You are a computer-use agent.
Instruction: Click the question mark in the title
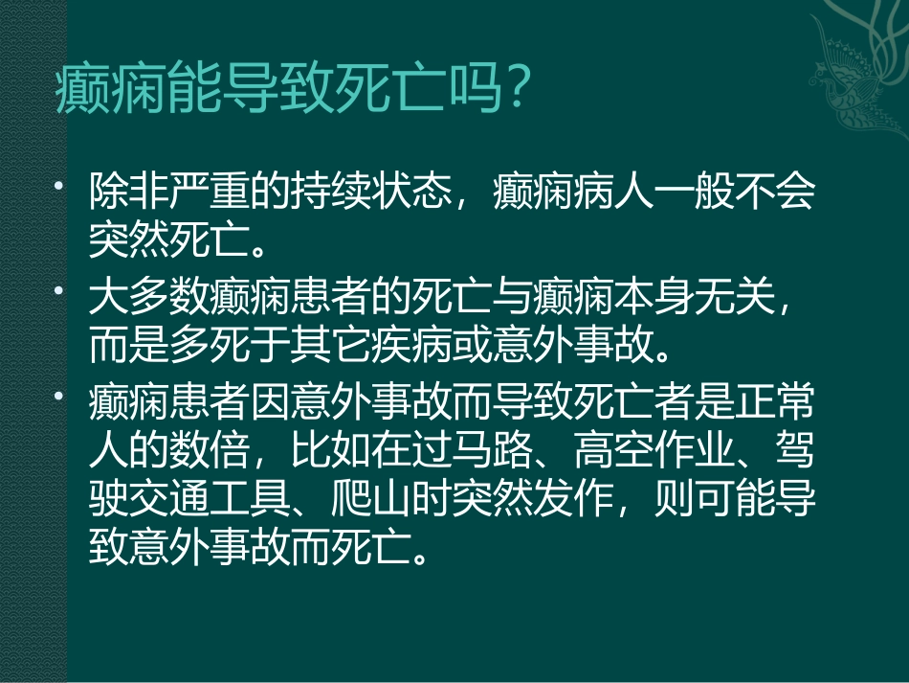click(x=516, y=92)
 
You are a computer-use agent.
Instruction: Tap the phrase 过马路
click(x=475, y=449)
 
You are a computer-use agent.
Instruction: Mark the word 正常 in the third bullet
click(x=774, y=405)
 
